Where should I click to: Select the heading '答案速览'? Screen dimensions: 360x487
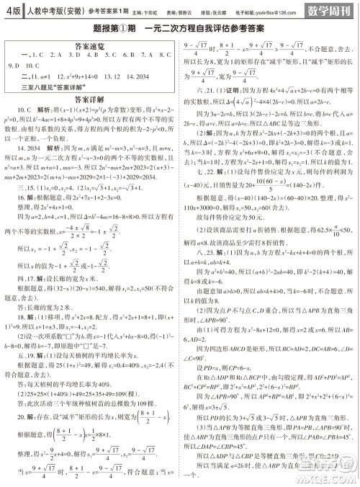90,44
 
